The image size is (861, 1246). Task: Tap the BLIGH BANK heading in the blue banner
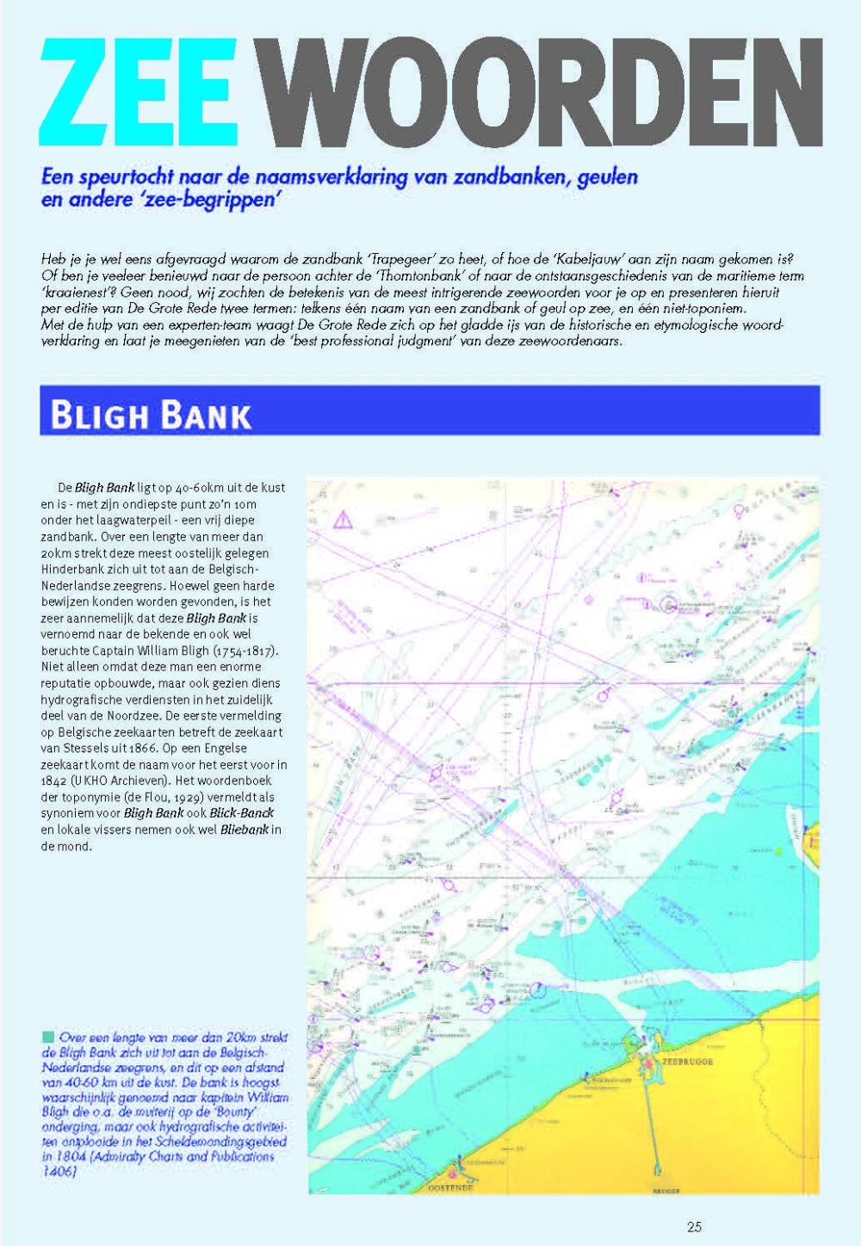coord(151,415)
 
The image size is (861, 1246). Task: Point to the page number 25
coord(694,1227)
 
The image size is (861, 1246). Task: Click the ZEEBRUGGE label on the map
coord(687,1062)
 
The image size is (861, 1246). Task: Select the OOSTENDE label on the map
coord(450,1187)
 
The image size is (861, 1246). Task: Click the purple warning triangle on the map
coord(343,520)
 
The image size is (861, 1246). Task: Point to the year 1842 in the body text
coord(54,780)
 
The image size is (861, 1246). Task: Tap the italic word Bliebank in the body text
coord(245,830)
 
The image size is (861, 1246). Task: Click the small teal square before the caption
coord(47,1037)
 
